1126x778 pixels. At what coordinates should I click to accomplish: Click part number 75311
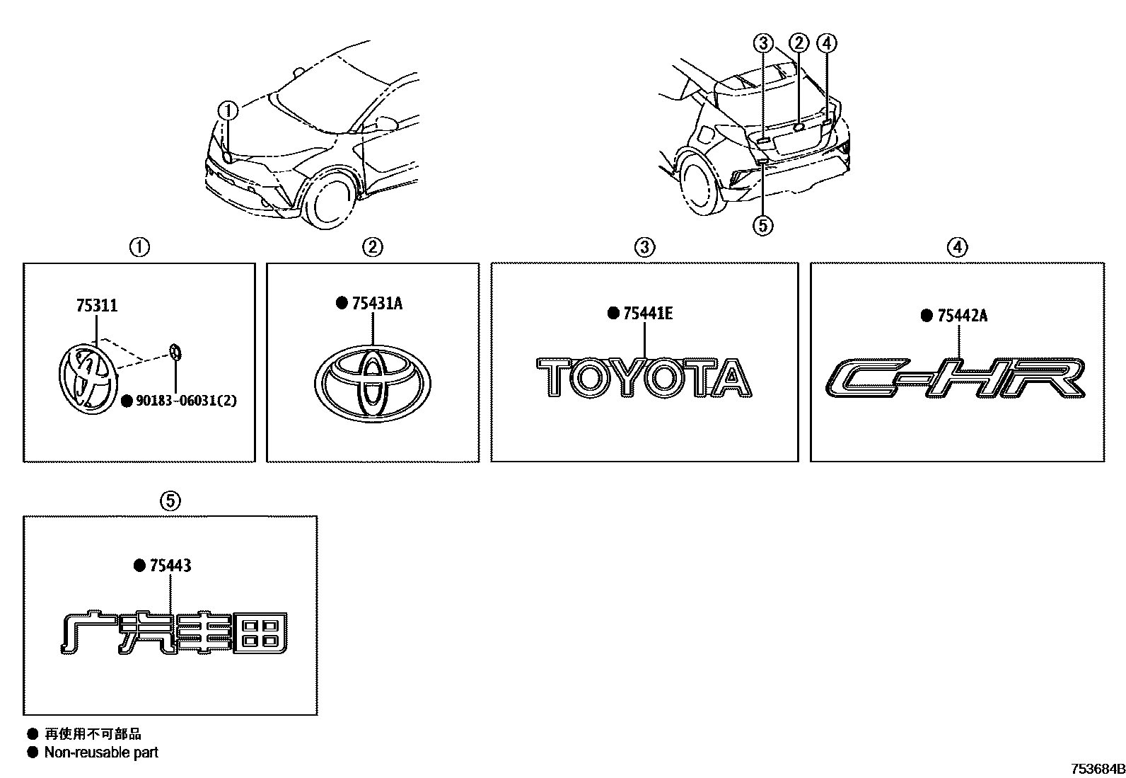96,306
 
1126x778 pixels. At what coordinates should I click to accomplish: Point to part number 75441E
648,314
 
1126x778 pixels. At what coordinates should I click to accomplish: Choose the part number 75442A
962,316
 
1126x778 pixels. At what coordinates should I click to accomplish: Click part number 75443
170,566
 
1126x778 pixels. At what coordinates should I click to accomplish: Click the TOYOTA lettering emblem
644,377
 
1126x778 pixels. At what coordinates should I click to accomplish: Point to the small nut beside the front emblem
176,351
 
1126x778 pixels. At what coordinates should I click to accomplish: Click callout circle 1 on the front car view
228,111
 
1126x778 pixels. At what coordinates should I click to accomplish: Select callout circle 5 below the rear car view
762,225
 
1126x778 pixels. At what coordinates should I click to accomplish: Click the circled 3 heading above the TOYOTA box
644,247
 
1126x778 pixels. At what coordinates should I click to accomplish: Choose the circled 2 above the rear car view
799,44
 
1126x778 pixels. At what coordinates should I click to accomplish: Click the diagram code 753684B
1097,769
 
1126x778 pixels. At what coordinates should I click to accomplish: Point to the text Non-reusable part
101,753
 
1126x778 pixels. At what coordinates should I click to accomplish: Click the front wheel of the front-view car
330,201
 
